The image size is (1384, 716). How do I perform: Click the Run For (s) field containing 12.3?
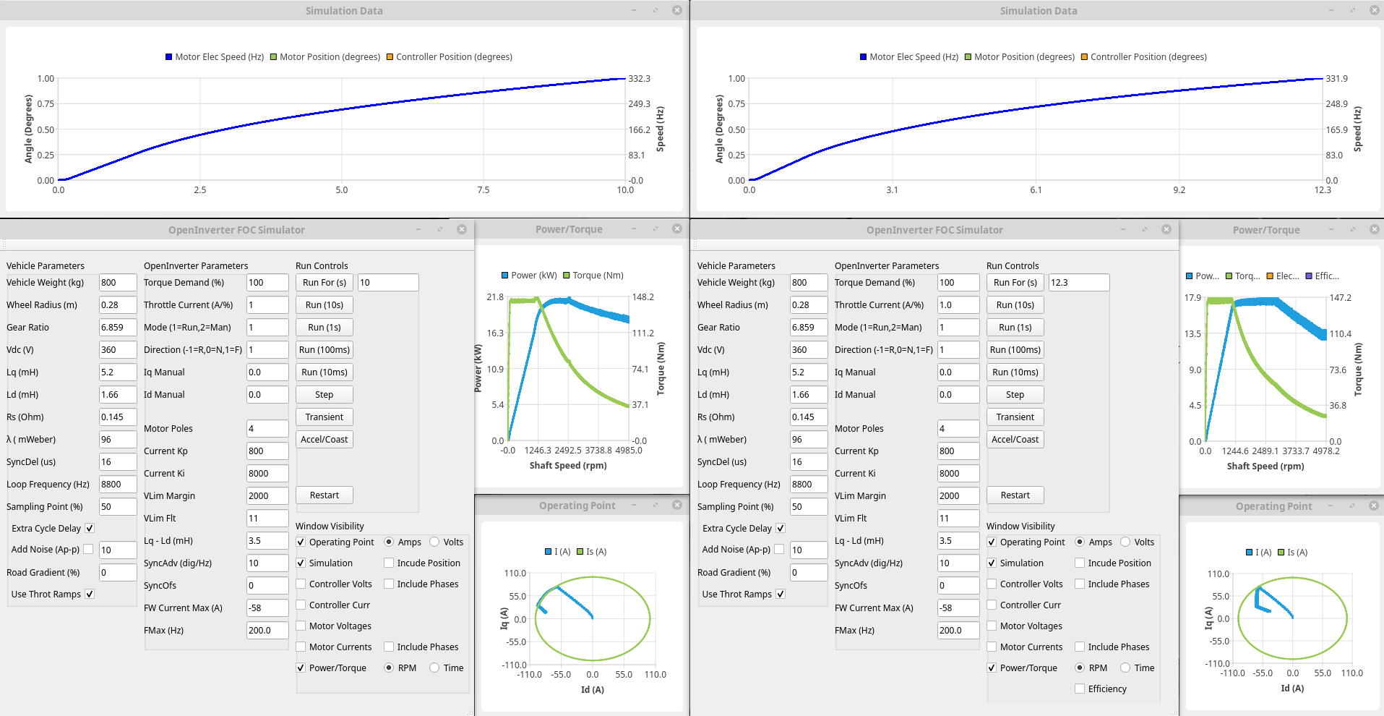1078,283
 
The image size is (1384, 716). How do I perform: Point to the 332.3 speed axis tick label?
639,79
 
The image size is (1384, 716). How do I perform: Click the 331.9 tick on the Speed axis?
1336,79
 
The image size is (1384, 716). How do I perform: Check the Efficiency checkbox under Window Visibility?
1080,689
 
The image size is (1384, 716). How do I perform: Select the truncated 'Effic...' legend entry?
1322,276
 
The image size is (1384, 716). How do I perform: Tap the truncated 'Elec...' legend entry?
1283,276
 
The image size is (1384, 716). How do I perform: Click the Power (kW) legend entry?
529,276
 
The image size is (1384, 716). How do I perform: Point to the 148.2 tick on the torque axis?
642,297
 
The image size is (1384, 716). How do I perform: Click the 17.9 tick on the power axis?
1192,298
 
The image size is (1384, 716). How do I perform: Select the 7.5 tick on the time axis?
483,190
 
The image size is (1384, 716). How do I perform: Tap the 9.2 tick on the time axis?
1179,190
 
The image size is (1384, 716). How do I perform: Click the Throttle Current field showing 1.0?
958,305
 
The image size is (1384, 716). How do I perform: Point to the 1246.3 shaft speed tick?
538,451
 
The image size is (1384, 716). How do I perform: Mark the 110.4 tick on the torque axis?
1340,334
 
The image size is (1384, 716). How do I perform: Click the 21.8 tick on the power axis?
495,297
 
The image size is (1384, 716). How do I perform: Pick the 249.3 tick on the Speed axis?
639,104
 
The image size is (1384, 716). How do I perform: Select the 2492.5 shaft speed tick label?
568,451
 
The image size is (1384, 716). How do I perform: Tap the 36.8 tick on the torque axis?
1338,406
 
